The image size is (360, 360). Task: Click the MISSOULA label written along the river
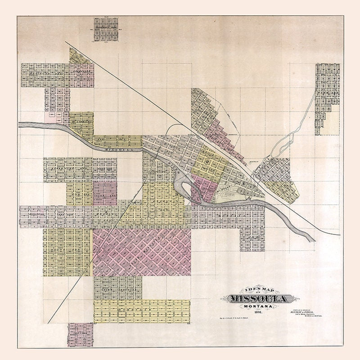118,151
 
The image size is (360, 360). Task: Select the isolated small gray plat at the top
107,29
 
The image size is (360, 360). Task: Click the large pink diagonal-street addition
142,252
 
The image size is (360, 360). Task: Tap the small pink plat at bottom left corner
80,334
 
